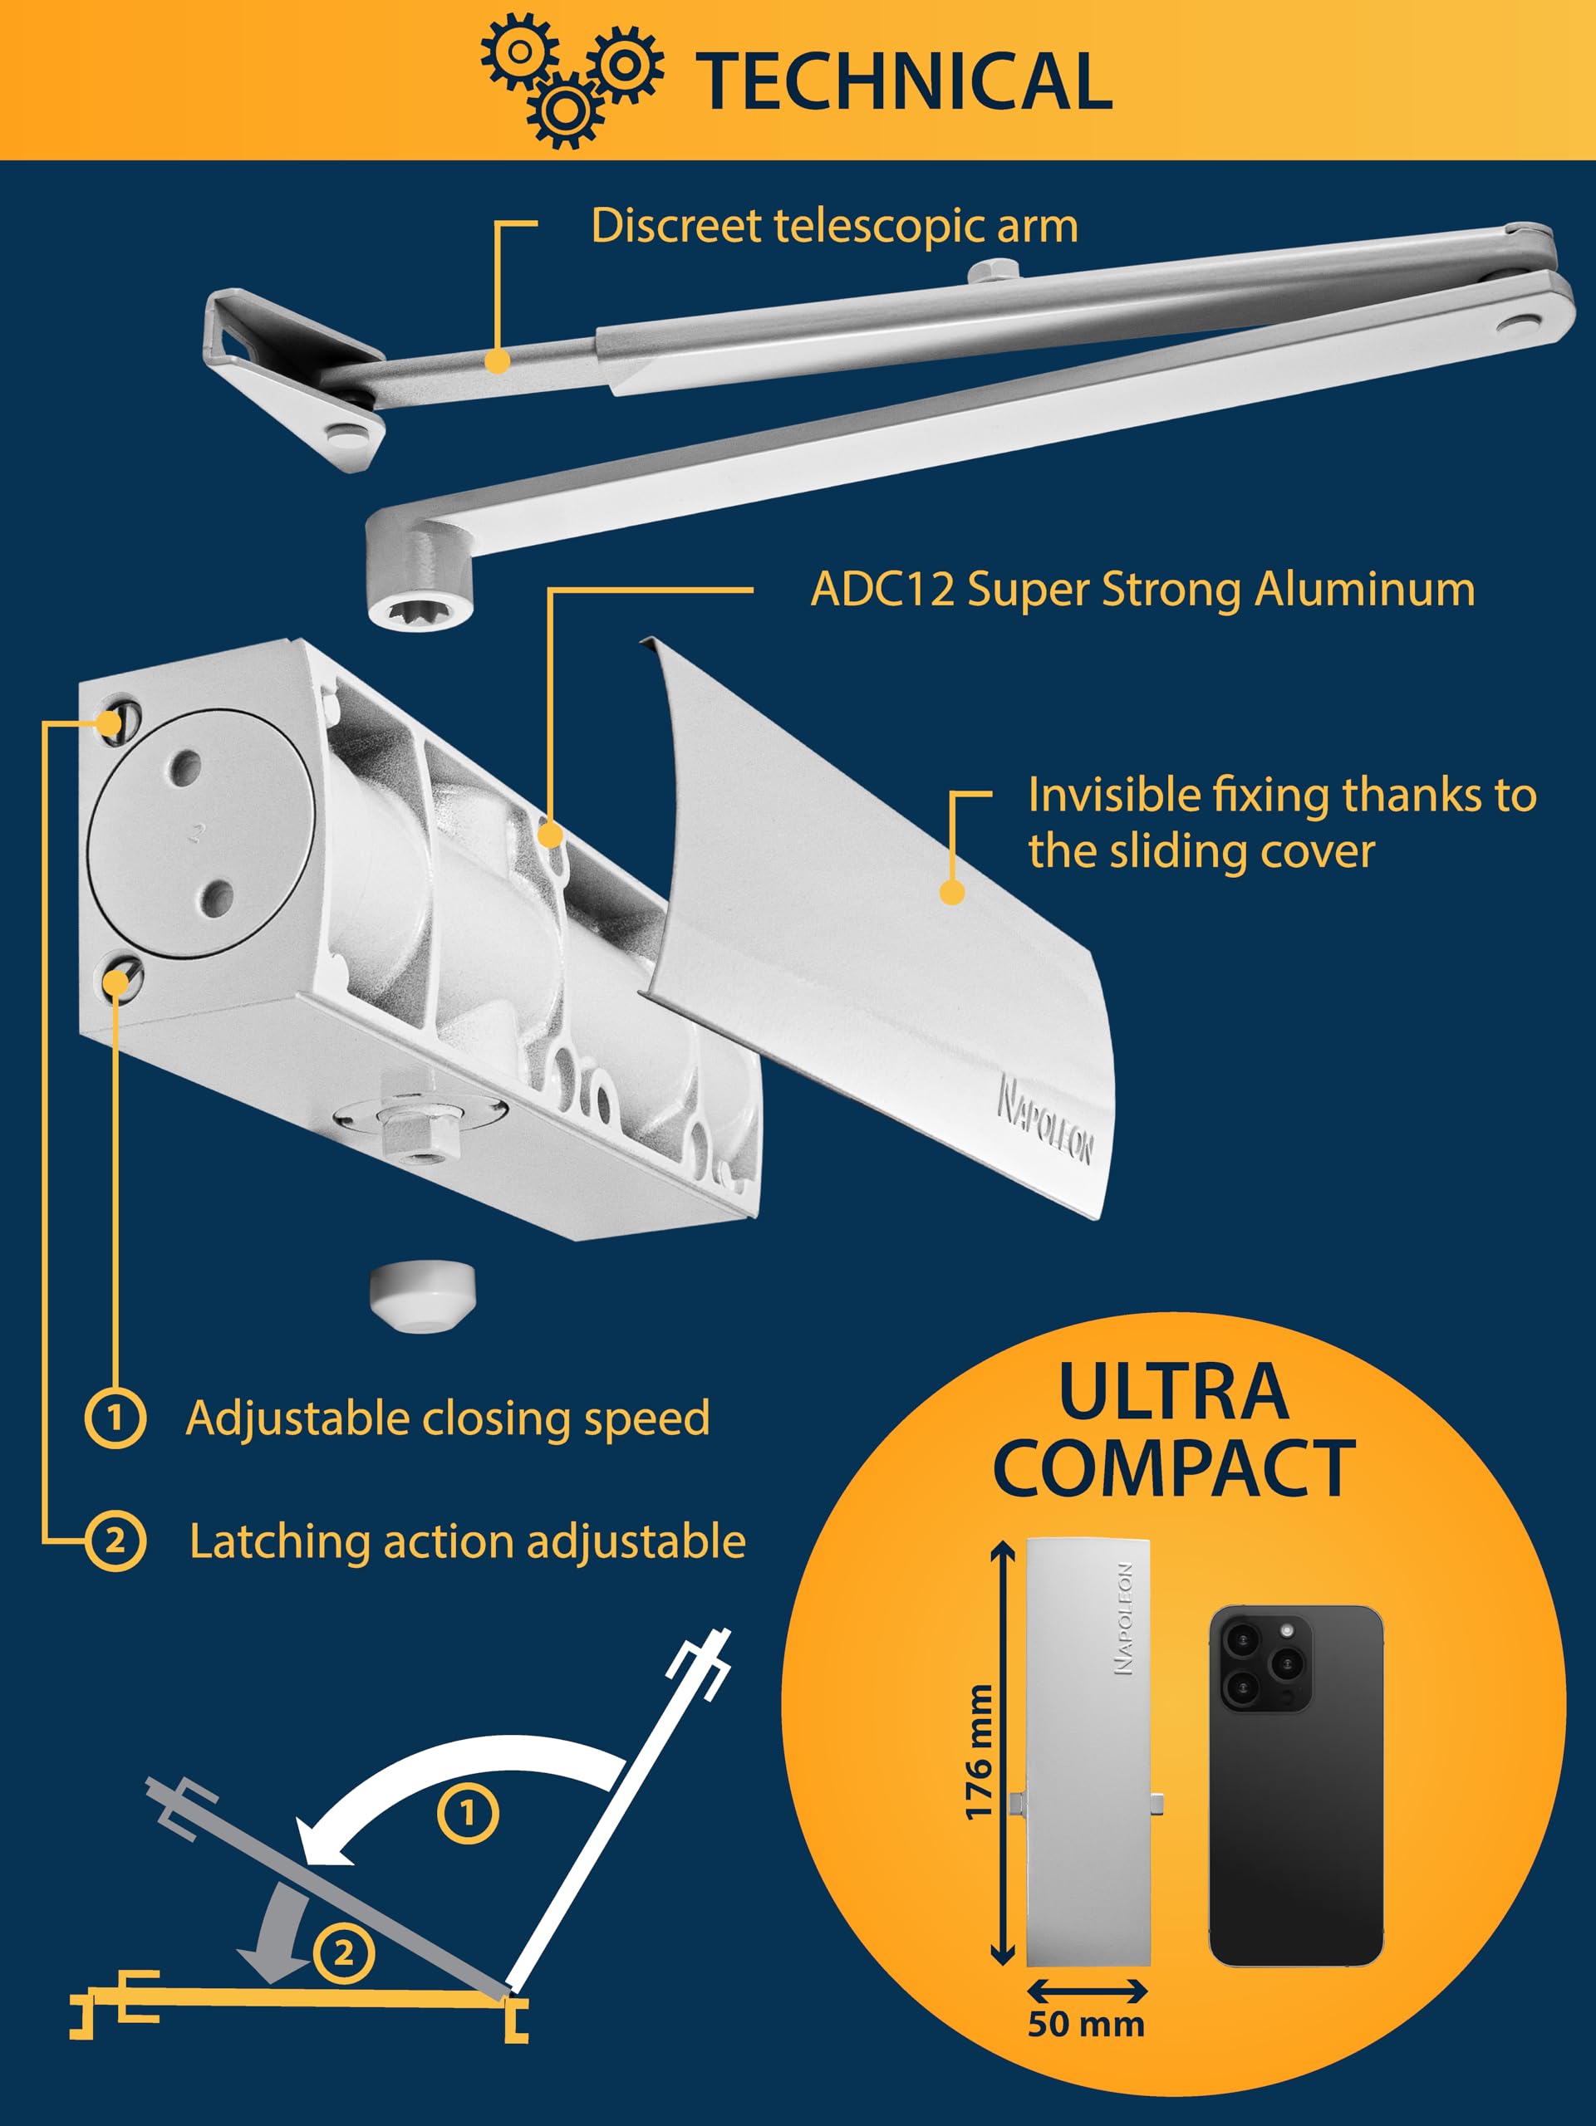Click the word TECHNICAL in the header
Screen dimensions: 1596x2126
904,81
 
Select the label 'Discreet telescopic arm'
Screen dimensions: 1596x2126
833,227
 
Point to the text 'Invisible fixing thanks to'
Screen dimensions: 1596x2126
1282,796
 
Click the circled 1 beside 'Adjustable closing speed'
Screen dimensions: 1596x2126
115,1418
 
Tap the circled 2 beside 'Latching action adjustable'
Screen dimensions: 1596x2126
115,1541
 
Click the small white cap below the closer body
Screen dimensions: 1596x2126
422,1296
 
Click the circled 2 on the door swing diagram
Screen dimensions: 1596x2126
343,1953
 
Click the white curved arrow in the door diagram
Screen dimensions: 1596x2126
452,1778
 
